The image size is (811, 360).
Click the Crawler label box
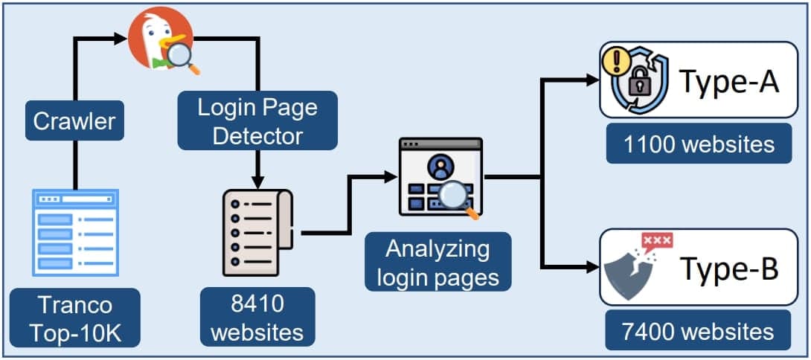[74, 120]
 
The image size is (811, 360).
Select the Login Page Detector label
[257, 121]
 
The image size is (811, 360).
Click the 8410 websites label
[257, 318]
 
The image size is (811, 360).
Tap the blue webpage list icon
[75, 232]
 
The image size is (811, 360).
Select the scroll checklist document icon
[257, 232]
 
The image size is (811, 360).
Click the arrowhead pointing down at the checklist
[257, 181]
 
